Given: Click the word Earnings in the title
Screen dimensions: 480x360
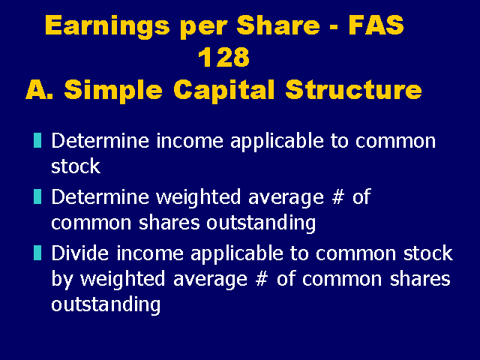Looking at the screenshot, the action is [107, 26].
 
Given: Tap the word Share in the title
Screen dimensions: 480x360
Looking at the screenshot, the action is [278, 25].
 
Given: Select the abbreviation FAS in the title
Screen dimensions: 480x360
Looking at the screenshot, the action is [376, 25].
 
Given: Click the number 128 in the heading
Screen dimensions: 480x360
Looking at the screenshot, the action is [223, 57].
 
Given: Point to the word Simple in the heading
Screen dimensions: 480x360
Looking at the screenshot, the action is [113, 90].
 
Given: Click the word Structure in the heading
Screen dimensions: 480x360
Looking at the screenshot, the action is [353, 89].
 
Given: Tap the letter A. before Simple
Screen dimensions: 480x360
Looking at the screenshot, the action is [39, 89].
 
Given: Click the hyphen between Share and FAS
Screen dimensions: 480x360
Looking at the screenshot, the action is [334, 27].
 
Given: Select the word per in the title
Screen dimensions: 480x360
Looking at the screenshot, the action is [203, 28].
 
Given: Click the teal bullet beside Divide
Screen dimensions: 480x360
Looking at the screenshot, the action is [37, 253].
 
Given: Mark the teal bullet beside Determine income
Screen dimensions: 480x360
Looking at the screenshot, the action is [37, 140].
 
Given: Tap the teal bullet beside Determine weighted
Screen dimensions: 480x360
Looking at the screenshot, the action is [37, 196].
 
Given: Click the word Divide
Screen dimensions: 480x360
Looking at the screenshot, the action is [80, 253].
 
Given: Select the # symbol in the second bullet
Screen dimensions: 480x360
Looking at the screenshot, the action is [338, 196].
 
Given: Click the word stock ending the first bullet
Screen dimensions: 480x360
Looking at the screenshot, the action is [76, 166].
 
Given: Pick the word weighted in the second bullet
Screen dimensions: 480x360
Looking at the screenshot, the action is [198, 198].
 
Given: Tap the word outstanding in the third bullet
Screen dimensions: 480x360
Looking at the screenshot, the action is [106, 305].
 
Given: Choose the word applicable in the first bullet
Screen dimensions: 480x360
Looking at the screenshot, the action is [277, 142].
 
